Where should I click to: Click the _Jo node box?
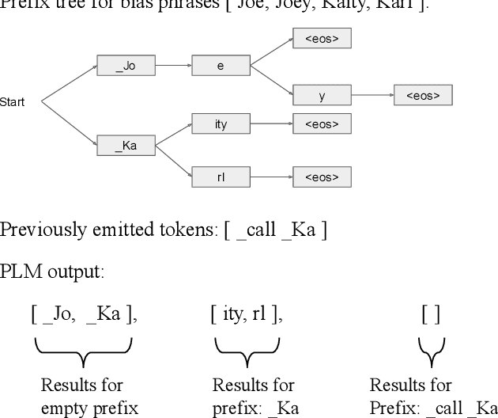coord(126,66)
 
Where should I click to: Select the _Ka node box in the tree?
coord(126,146)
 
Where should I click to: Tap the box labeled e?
coord(221,66)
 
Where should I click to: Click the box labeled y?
coord(322,96)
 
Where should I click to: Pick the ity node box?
coord(221,124)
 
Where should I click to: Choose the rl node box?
coord(221,176)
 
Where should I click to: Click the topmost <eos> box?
coord(322,38)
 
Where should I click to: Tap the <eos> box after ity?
coord(322,124)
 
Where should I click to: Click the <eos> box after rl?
coord(322,176)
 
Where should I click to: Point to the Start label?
coord(12,102)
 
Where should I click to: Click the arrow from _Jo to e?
coord(174,66)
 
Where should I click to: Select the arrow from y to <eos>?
coord(372,96)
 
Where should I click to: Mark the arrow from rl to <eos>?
coord(271,176)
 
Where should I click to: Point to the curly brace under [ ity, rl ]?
coord(247,349)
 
